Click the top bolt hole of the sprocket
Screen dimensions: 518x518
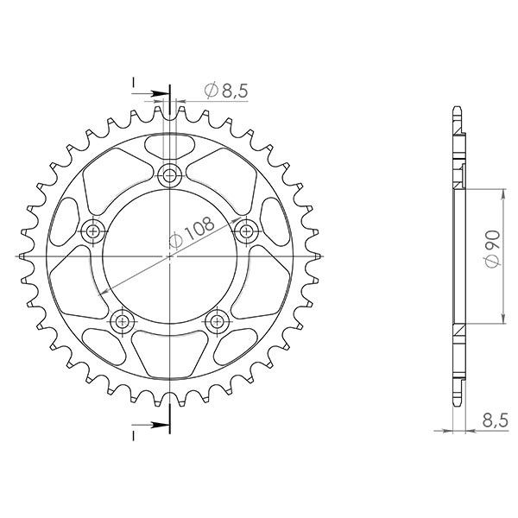click(x=170, y=176)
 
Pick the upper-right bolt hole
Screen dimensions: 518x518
click(x=247, y=231)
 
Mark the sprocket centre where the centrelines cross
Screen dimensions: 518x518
click(x=170, y=256)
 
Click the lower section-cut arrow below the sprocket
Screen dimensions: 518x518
click(x=156, y=424)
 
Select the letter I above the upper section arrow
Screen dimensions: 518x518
click(x=134, y=83)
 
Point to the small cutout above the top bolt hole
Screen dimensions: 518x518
click(x=170, y=144)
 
